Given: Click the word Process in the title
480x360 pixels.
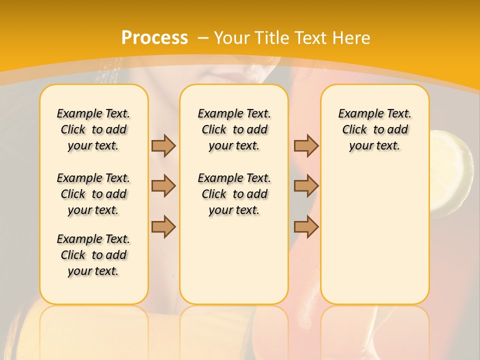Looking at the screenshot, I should coord(154,37).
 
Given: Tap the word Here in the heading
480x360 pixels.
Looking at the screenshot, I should coord(351,38).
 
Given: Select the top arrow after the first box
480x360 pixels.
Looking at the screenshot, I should coord(163,145).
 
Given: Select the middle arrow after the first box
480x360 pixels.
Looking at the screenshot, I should coord(163,186).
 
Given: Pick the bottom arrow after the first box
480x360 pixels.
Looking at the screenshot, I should coord(163,226).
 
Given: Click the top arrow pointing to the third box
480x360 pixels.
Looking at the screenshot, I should coord(306,145).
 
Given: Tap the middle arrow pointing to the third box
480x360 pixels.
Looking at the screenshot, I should coord(306,186).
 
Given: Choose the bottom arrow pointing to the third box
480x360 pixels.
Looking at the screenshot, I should coord(306,226).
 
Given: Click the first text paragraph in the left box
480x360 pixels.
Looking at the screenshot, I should coord(93,129).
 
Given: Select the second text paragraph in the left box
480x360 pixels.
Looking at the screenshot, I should coord(93,194).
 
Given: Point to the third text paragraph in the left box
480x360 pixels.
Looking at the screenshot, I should coord(93,255).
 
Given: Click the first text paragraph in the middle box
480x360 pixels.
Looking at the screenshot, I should coord(234,129).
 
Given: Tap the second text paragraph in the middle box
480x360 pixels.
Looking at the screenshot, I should coord(234,194).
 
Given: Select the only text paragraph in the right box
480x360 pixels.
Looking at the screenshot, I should coord(375,129).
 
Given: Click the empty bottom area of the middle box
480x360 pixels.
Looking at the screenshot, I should coord(234,265).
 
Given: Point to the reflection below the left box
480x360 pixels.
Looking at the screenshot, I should coord(94,330).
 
